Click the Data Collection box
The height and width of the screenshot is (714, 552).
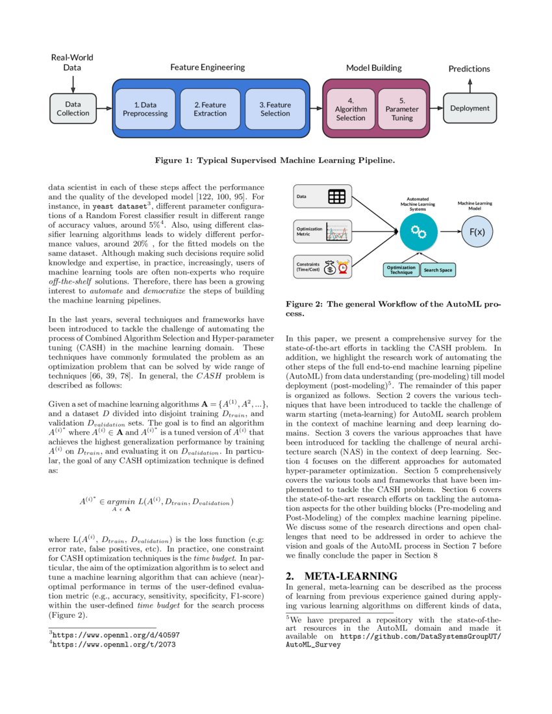pos(73,108)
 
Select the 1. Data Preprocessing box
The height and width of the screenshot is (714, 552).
pos(145,109)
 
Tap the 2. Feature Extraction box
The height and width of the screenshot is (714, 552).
pos(210,109)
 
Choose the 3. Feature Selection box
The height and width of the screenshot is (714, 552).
pos(275,109)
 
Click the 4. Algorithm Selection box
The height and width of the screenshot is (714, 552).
pos(350,109)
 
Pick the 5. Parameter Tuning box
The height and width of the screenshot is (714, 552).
pos(402,109)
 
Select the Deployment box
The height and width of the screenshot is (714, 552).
pos(470,108)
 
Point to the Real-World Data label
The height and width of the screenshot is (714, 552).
pos(72,62)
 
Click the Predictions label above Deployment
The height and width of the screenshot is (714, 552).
pos(470,69)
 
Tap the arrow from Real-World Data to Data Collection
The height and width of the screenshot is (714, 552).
pos(73,84)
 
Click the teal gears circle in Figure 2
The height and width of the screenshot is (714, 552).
pos(419,232)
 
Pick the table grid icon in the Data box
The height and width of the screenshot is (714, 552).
pos(336,197)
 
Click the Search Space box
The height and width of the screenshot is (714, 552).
pos(438,270)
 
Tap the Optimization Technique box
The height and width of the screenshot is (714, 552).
pos(401,270)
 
